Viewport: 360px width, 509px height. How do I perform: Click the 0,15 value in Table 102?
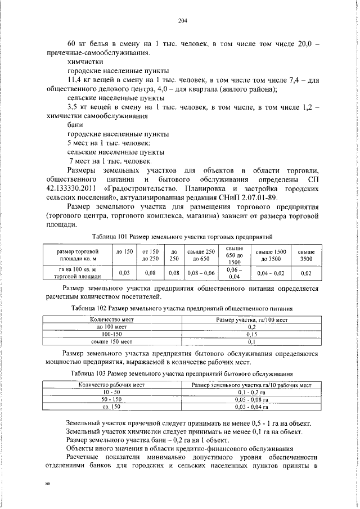[252, 334]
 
